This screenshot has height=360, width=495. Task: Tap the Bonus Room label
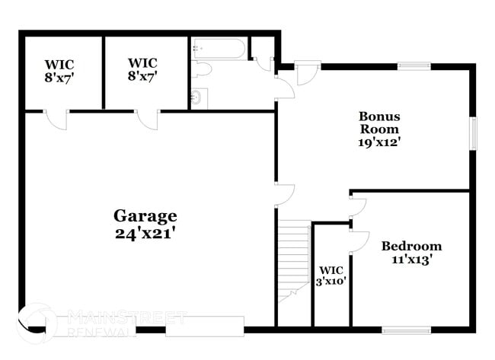click(379, 123)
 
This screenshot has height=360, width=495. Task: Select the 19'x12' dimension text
click(379, 141)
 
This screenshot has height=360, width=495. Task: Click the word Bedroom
click(411, 246)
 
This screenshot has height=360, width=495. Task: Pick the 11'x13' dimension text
click(411, 260)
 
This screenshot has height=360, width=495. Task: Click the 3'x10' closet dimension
click(332, 281)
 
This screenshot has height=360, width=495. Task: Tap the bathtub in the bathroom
click(219, 49)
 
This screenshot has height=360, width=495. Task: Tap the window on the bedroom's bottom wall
click(401, 330)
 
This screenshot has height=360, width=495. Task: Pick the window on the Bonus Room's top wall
click(414, 66)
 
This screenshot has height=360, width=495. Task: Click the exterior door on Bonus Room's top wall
click(308, 73)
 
